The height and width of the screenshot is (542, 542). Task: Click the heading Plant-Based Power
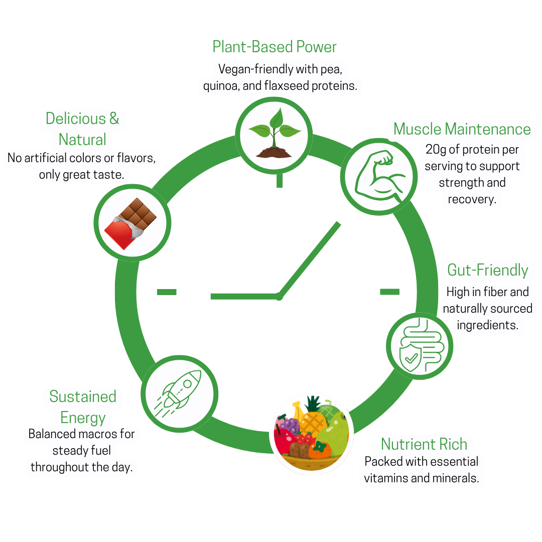pos(274,47)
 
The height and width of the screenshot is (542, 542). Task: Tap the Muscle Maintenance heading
pos(462,129)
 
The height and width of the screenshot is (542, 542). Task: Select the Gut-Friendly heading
pos(487,270)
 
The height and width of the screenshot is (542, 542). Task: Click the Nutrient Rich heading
pos(424,444)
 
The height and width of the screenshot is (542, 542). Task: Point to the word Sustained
pos(83,396)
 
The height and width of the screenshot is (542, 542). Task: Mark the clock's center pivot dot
pos(279,297)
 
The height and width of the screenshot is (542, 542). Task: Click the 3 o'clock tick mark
pos(389,292)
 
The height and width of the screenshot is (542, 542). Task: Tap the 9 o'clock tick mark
pos(167,292)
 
